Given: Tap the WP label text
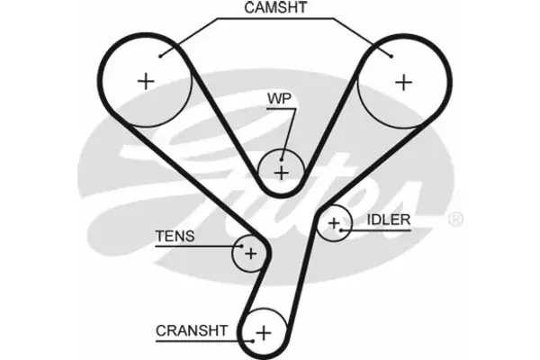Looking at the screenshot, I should click(279, 97).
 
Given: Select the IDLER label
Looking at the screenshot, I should click(389, 220).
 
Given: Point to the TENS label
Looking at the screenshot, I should click(175, 238).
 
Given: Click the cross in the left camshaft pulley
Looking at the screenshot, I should click(145, 82).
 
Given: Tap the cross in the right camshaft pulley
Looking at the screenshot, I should click(403, 82).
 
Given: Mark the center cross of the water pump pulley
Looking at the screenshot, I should click(281, 170).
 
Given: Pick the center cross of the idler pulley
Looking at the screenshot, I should click(335, 223).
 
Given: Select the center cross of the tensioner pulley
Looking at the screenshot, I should click(251, 254).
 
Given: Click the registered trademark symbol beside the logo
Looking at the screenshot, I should click(455, 220).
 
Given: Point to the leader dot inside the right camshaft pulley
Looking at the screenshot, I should click(392, 56).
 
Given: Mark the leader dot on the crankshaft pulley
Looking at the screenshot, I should click(249, 339).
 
